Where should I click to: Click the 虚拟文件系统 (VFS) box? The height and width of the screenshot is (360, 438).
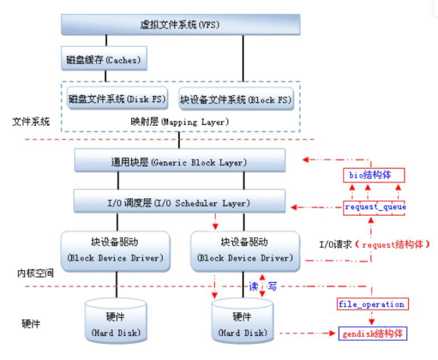coord(181,24)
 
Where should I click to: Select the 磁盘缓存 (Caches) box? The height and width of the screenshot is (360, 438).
coord(104,58)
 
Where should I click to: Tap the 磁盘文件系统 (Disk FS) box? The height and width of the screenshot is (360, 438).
coord(117,99)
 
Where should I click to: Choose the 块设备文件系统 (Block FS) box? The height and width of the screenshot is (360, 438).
coord(236,99)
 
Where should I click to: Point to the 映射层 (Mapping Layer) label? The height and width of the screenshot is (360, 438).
coord(179,122)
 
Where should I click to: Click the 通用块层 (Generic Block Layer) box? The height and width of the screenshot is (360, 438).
coord(179,161)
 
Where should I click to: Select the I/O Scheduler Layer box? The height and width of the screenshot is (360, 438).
coord(179,201)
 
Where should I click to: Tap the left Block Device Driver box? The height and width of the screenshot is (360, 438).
coord(116,251)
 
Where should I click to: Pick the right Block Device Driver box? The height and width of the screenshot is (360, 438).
coord(245,251)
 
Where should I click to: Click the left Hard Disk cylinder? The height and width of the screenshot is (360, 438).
coord(116,320)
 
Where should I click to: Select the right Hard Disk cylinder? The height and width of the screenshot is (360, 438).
coord(243,320)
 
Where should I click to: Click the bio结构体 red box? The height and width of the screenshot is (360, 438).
coord(374,175)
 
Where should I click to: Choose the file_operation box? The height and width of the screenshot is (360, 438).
coord(373,304)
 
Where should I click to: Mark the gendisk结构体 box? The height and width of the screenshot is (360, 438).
coord(373,333)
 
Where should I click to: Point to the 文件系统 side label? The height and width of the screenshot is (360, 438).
coord(31,122)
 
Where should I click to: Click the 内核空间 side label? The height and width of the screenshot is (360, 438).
coord(35,273)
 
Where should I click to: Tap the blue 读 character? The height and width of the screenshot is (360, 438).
coord(254,286)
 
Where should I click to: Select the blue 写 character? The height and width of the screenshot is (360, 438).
coord(272,286)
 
